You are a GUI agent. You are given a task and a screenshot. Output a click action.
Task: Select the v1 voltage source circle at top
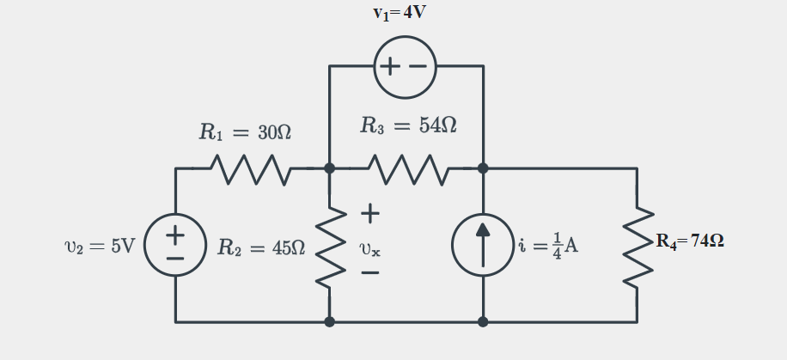(x=406, y=67)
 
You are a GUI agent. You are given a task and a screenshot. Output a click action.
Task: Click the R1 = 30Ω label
(x=245, y=132)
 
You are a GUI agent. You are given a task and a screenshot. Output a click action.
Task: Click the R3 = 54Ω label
(x=407, y=126)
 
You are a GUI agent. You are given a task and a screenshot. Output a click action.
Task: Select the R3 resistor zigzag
(x=406, y=168)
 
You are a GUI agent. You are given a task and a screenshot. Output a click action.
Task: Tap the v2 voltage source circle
(x=175, y=246)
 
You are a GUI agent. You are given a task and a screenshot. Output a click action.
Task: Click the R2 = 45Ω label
(x=260, y=248)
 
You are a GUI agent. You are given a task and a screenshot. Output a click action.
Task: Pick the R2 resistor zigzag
(x=330, y=246)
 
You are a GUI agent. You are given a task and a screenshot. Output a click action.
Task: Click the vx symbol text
(x=370, y=250)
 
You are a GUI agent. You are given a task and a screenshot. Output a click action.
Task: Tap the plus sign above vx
(x=370, y=211)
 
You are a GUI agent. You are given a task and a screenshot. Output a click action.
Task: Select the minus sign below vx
(x=370, y=274)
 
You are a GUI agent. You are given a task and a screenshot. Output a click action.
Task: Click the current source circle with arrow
(x=483, y=246)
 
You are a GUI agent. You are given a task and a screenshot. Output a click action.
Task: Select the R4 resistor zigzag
(x=637, y=246)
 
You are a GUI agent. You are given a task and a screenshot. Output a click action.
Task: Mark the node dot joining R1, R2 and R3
(x=330, y=168)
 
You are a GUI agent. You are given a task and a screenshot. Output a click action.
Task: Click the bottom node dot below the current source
(x=483, y=322)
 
